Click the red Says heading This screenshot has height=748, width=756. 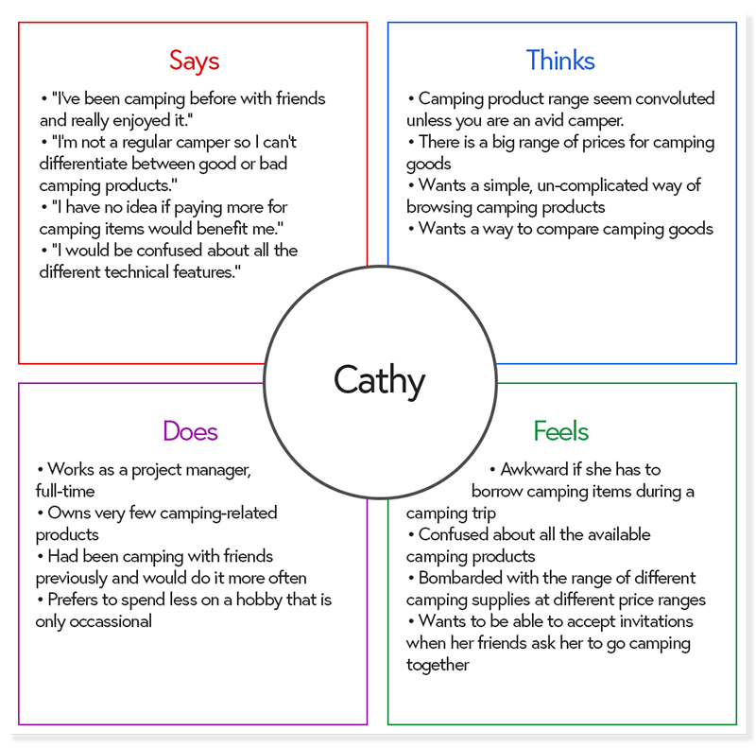(x=194, y=61)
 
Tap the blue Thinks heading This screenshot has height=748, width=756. (x=560, y=61)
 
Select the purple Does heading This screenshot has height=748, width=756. (x=190, y=431)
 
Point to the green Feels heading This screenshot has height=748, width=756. (x=560, y=431)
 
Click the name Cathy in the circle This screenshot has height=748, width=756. (x=379, y=380)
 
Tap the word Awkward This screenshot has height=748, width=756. (x=535, y=469)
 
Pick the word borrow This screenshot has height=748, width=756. (x=498, y=491)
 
